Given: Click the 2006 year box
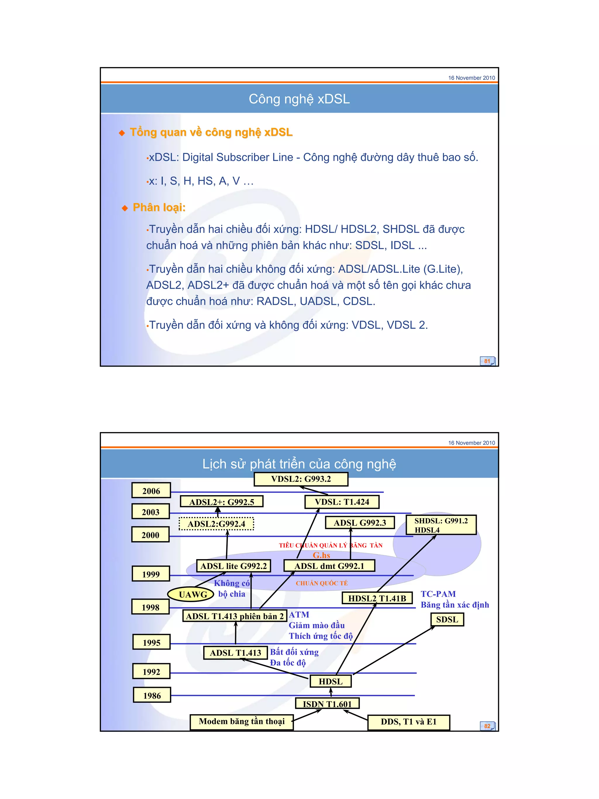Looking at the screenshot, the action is click(151, 491).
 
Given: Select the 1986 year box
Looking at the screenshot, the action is click(152, 695).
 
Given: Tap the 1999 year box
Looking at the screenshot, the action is click(151, 574).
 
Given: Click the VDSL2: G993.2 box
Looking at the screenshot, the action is click(301, 479).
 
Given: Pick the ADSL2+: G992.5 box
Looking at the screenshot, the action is click(221, 502).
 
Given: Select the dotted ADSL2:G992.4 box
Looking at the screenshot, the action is click(216, 524).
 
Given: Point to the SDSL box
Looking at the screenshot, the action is click(447, 619).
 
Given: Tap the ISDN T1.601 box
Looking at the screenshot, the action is click(327, 704).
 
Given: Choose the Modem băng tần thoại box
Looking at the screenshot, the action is click(242, 722).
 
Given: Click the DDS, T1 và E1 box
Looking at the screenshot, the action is click(408, 722).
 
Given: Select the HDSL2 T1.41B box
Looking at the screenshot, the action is click(377, 598).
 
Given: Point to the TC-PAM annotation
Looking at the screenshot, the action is click(438, 594).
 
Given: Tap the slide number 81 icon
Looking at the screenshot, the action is click(487, 361).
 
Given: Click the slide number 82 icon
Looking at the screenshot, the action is click(487, 726).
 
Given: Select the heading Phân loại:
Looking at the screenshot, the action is click(159, 207).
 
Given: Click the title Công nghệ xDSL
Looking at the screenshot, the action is click(299, 99).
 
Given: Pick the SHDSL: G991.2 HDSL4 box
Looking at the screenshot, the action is click(441, 525).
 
